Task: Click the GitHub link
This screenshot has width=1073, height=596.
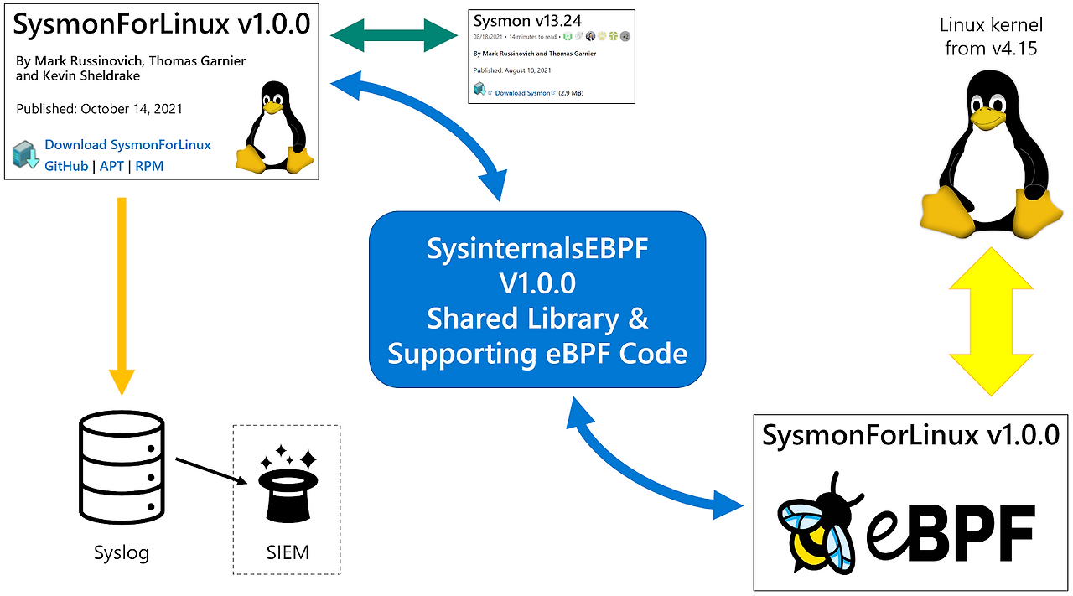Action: pos(66,166)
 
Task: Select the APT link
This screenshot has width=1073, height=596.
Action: pos(111,166)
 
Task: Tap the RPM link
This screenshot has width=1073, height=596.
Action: pos(149,166)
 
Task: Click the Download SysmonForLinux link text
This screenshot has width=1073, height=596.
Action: pos(127,145)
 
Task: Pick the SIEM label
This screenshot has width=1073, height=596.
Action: pos(286,552)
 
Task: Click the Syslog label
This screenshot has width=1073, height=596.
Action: pos(122,552)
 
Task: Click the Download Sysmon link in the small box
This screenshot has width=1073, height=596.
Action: pos(524,92)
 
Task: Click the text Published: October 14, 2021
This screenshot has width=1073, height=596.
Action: pos(99,109)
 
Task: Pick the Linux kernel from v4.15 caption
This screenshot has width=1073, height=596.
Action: pos(990,38)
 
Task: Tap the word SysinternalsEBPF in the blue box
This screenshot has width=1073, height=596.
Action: pos(537,249)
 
